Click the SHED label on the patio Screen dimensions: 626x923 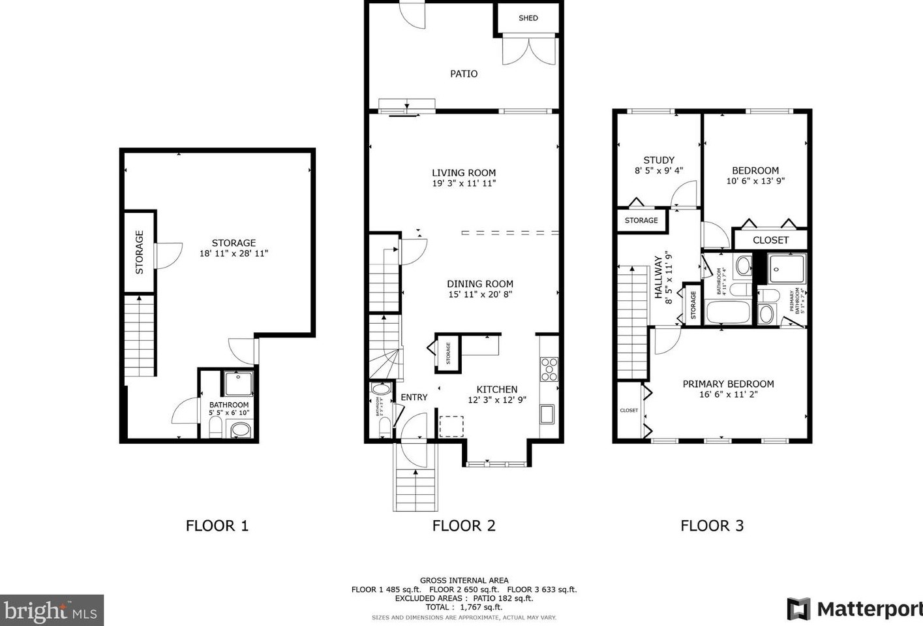(x=528, y=18)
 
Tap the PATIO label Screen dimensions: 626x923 (x=464, y=74)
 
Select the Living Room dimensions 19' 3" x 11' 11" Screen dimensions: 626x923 (x=464, y=183)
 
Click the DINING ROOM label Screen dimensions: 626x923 (x=479, y=284)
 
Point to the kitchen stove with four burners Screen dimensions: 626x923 (x=549, y=369)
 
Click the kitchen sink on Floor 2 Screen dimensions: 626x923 (x=547, y=414)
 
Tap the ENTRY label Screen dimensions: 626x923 (x=414, y=397)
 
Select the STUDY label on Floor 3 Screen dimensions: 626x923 (x=659, y=160)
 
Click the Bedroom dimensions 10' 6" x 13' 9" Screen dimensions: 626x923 (x=755, y=181)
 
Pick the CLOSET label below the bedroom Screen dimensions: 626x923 (x=770, y=240)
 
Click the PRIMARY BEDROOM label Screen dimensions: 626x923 (x=728, y=384)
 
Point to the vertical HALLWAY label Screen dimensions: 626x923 (x=658, y=277)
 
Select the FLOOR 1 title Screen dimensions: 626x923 (x=217, y=525)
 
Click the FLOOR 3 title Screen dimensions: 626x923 (x=712, y=525)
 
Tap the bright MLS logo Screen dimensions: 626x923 (x=52, y=610)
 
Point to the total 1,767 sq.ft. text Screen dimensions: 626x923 (x=464, y=607)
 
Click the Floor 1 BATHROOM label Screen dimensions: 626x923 (x=229, y=405)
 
